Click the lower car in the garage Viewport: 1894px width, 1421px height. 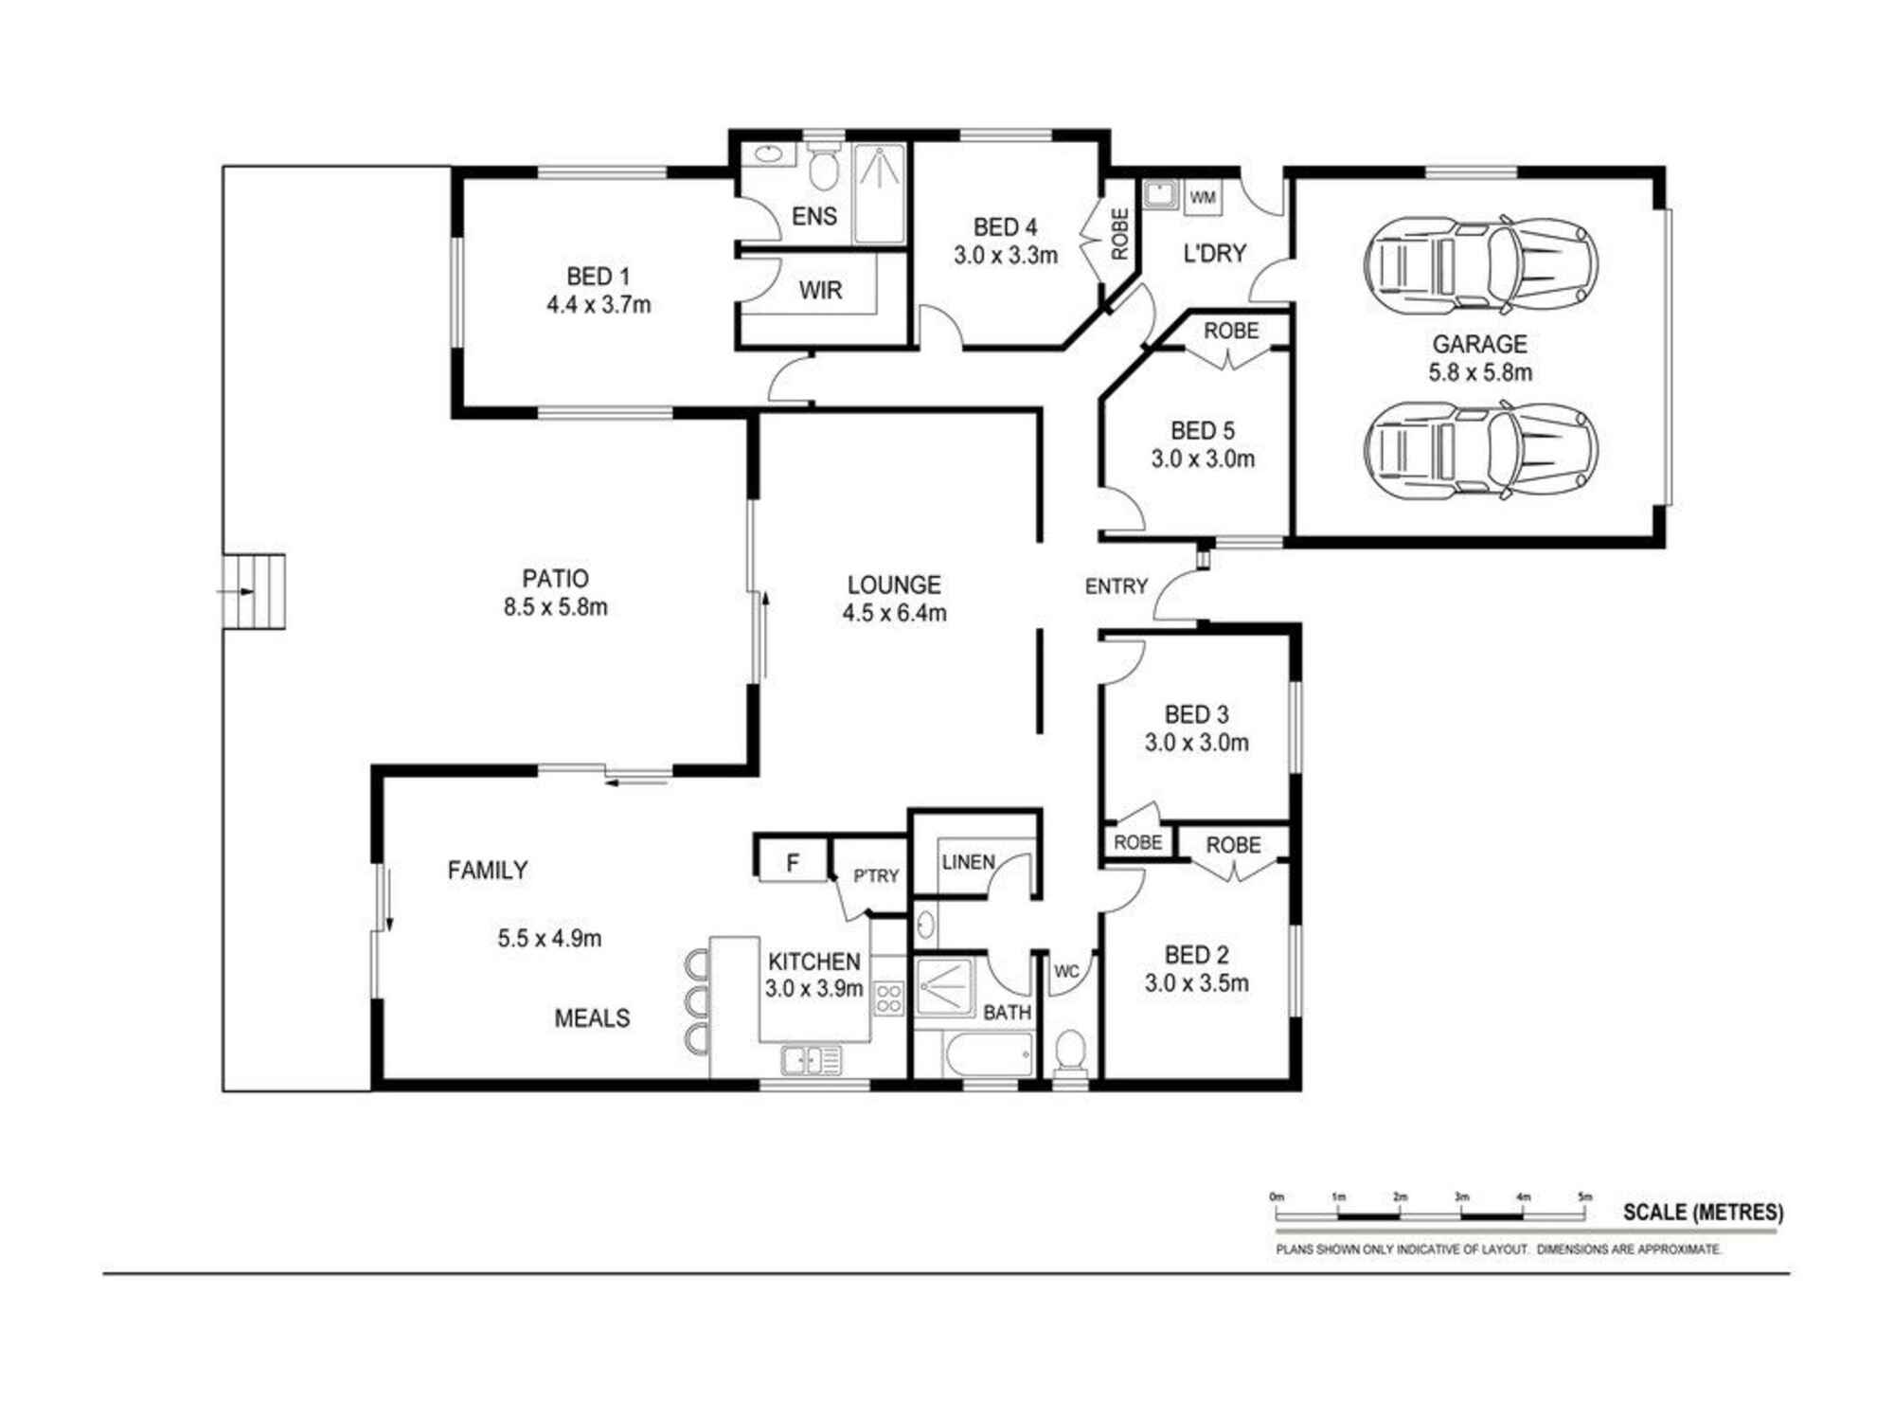click(x=1481, y=448)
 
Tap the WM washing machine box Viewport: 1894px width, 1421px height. click(x=1203, y=197)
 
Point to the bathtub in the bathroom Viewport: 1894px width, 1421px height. click(x=988, y=1055)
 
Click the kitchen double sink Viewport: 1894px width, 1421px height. click(x=812, y=1060)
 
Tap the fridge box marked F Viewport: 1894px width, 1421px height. click(x=793, y=861)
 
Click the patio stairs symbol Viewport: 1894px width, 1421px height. click(x=254, y=592)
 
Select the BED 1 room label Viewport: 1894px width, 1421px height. click(x=598, y=277)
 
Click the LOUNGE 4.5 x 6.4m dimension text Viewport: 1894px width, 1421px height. click(x=894, y=613)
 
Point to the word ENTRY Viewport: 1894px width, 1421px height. click(x=1116, y=586)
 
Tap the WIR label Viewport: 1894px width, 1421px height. click(x=820, y=290)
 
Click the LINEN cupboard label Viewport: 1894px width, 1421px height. click(x=968, y=862)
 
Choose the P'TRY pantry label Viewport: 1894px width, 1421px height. click(x=876, y=876)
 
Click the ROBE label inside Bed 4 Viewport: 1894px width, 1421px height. click(x=1119, y=234)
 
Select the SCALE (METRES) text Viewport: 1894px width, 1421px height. click(x=1703, y=1212)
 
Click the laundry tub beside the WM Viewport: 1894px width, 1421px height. click(x=1159, y=195)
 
